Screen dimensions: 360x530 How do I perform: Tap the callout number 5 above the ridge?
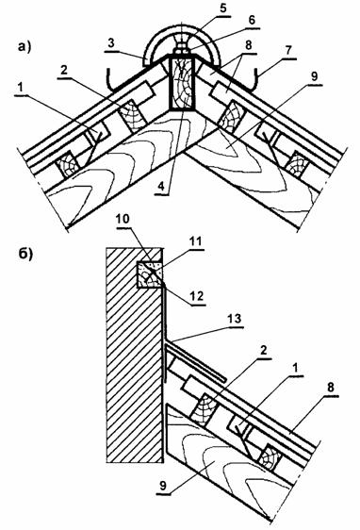223,8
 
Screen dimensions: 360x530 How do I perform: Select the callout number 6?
252,21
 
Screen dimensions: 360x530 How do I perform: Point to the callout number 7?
288,51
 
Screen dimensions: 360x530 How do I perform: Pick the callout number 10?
123,219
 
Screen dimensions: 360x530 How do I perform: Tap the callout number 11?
196,241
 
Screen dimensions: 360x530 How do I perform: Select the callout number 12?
198,296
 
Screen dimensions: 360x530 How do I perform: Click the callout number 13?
235,319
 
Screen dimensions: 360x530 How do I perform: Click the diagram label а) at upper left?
25,47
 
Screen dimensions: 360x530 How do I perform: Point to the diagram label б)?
25,254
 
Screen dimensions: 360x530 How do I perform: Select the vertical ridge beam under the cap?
181,84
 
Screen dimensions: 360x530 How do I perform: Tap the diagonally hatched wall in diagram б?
135,355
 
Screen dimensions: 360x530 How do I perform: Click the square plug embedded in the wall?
149,274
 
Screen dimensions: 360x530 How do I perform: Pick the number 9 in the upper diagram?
314,76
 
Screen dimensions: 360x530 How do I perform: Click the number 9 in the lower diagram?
163,486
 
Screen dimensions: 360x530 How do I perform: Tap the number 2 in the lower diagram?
264,350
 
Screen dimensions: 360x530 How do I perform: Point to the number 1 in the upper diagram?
21,88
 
